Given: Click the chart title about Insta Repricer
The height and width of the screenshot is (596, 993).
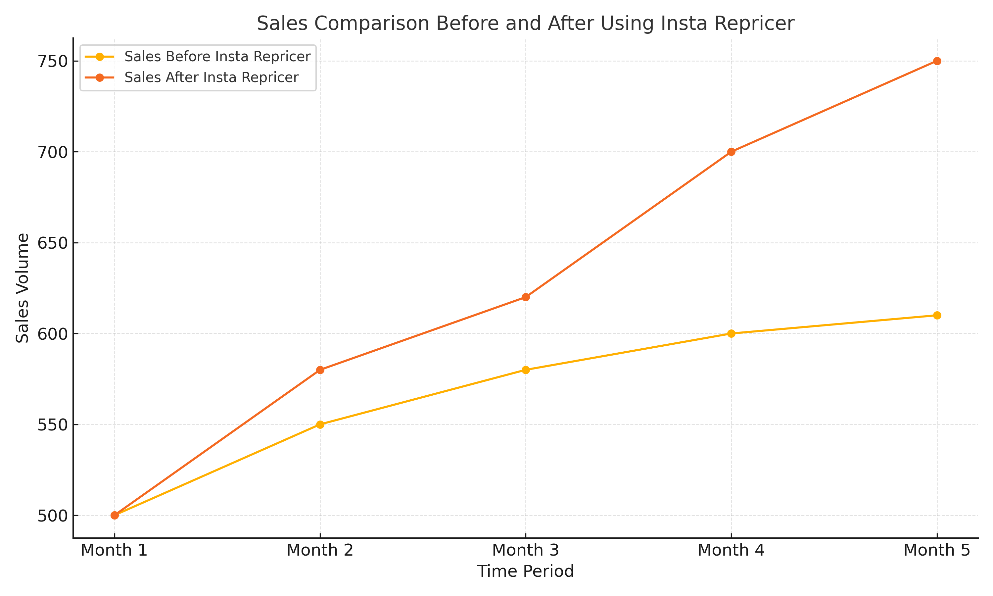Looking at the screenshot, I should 525,23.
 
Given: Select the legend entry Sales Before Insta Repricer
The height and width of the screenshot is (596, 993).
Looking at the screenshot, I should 217,57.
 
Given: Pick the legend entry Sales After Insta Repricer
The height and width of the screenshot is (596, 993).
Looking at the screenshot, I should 211,77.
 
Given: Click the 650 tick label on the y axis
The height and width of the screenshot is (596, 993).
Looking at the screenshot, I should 52,243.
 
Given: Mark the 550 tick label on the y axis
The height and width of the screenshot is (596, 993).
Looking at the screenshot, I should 52,424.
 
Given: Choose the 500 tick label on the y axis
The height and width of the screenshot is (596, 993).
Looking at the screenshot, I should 52,516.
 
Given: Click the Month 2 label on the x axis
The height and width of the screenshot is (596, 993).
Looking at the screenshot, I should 319,550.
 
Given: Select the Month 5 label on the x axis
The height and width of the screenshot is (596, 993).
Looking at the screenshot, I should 936,550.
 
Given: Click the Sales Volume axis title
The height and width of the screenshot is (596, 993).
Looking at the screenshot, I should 23,288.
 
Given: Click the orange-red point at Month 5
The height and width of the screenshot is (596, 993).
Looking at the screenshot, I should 937,61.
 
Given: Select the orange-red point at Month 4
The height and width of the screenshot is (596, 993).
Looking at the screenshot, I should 731,152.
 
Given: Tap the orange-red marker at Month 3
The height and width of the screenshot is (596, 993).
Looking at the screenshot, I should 525,297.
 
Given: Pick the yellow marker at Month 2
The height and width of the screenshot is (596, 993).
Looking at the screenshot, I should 320,424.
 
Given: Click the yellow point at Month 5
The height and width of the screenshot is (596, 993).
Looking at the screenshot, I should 937,315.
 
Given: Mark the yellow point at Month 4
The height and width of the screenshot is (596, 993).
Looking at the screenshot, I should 731,333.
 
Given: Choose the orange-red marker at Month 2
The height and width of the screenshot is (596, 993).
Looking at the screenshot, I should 320,370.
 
